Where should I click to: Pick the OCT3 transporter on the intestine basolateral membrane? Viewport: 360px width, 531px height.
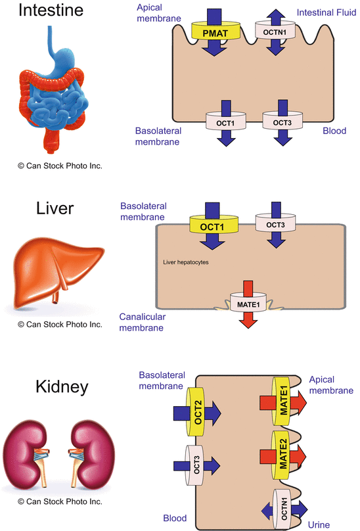point(282,122)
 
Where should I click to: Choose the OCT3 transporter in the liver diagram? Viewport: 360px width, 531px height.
point(275,225)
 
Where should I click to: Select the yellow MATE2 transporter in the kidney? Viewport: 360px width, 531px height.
point(283,454)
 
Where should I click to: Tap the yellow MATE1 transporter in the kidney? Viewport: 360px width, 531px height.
point(283,400)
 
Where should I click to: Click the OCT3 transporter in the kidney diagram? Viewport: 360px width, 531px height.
point(195,466)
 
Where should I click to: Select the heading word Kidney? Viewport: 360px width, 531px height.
point(52,386)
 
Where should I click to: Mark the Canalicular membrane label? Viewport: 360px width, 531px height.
point(142,323)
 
